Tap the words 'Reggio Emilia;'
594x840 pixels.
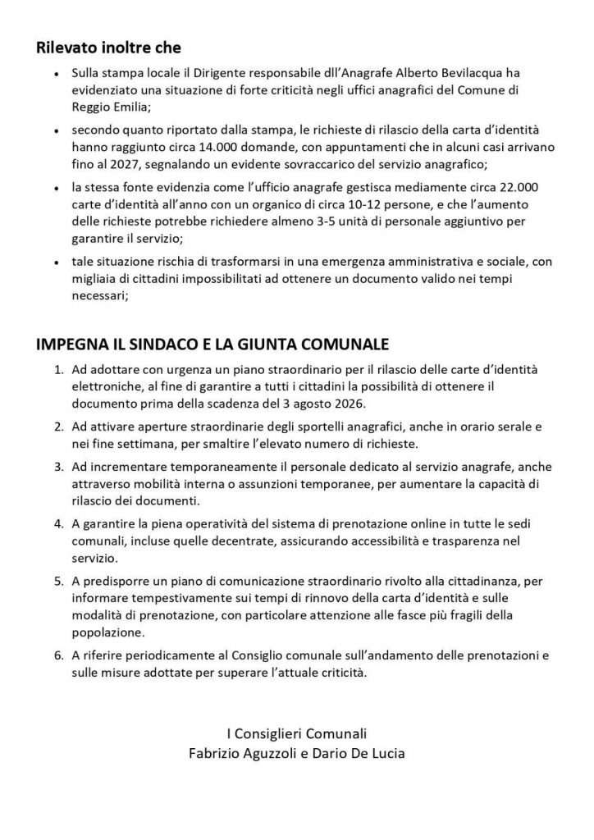coord(112,106)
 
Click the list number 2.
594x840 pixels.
coord(58,427)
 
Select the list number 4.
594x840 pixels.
coord(58,523)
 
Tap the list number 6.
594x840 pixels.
coord(58,659)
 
